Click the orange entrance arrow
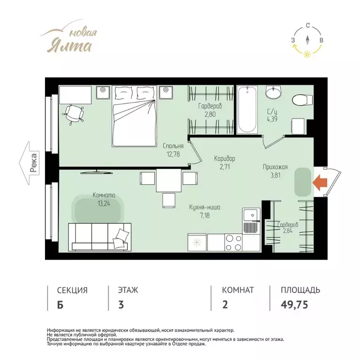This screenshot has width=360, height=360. coord(320,182)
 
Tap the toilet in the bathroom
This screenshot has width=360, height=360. coord(302,100)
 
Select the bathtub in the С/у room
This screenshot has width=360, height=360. coord(247,110)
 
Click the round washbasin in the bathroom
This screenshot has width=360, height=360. coord(273,91)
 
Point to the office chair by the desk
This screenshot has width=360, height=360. coord(74,113)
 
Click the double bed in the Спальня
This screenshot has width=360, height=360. coord(135,116)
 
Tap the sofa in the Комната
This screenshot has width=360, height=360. coord(100,237)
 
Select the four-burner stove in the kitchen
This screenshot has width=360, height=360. coord(233,242)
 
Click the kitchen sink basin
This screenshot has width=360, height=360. coord(251,215)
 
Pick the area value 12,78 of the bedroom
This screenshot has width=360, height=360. coord(173,154)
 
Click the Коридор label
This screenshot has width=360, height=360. coord(225,158)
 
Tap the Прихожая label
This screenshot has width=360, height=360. coord(275,167)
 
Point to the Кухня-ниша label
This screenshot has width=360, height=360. coord(204,207)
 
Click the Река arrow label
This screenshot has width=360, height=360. coord(29,163)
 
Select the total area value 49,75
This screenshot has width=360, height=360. coord(294,305)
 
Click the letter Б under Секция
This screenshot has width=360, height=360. coord(60,305)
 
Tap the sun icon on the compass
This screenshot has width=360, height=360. coord(307,54)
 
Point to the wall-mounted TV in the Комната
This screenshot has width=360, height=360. coord(97,172)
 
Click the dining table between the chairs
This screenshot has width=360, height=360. coord(169,180)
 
